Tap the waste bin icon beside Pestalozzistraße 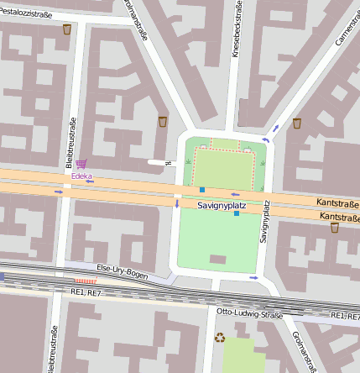pos(67,29)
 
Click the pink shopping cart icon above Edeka pos(81,165)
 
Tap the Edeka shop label pos(82,176)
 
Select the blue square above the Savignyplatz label pos(202,190)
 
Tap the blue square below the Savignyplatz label pos(237,214)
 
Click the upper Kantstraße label pos(338,203)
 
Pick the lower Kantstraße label pos(339,217)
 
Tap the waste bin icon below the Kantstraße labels pos(334,227)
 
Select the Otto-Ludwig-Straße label pos(248,312)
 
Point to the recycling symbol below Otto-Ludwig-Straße pos(220,338)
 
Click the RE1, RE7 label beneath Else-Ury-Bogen pos(86,292)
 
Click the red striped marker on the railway pos(86,281)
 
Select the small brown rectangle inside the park pos(217,259)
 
